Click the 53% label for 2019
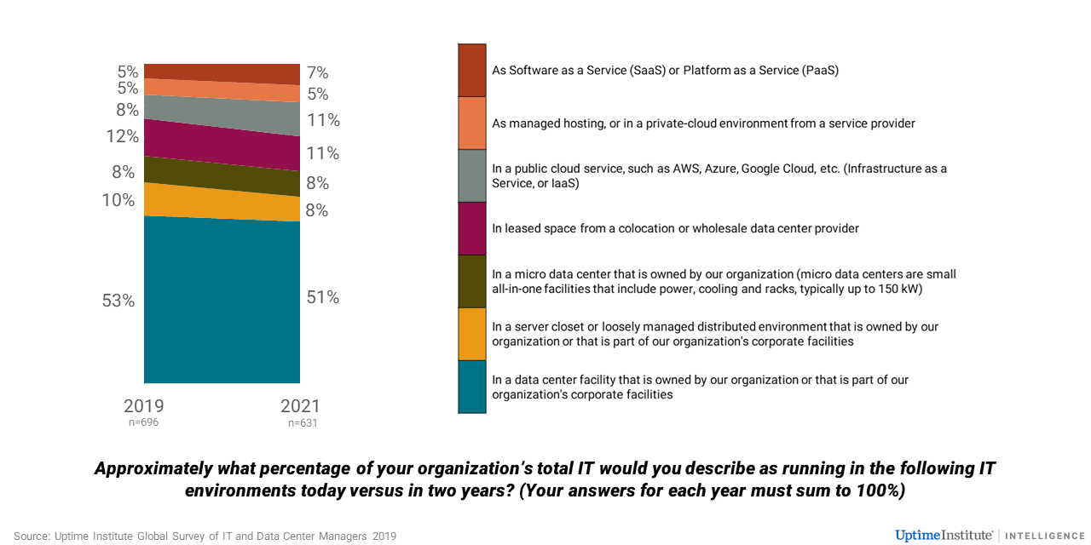click(x=118, y=301)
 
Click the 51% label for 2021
click(x=323, y=297)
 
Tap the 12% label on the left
click(x=122, y=136)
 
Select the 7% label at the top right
click(x=318, y=73)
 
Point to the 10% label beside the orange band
click(x=118, y=200)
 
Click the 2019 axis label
click(x=144, y=405)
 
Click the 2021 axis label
click(x=300, y=406)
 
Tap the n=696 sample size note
click(x=144, y=422)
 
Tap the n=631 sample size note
click(x=302, y=422)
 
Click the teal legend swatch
click(x=472, y=387)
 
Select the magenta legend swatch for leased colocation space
click(x=472, y=228)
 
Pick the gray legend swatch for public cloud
click(x=472, y=175)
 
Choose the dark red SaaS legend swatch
click(x=472, y=70)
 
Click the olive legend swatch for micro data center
click(x=472, y=281)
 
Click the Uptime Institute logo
click(x=944, y=535)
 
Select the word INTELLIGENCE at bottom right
click(x=1045, y=536)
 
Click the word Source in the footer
click(x=31, y=536)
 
